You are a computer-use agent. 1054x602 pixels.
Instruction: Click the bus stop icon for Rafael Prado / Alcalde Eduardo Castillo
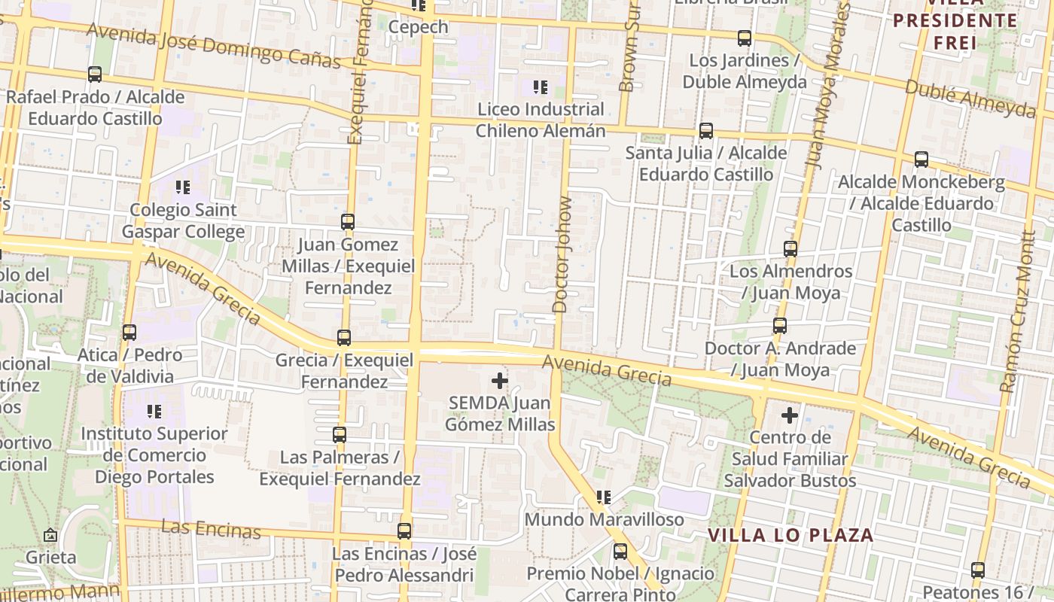pyautogui.click(x=95, y=74)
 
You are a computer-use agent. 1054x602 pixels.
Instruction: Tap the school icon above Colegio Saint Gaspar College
pyautogui.click(x=182, y=187)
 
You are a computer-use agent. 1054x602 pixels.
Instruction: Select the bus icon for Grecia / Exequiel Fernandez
pyautogui.click(x=344, y=337)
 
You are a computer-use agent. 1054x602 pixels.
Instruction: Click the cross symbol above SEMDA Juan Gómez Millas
pyautogui.click(x=499, y=381)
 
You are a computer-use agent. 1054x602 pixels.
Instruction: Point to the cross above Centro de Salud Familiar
pyautogui.click(x=789, y=415)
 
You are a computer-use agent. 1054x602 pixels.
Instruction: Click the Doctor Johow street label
pyautogui.click(x=562, y=254)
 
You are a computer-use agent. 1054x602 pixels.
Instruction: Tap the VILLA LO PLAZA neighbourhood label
pyautogui.click(x=790, y=536)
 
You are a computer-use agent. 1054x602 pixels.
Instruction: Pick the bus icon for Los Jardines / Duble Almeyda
pyautogui.click(x=745, y=38)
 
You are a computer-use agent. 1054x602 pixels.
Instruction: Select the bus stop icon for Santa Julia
pyautogui.click(x=706, y=131)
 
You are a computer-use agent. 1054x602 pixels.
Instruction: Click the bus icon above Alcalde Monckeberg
pyautogui.click(x=921, y=160)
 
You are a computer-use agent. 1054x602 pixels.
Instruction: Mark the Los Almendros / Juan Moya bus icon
pyautogui.click(x=790, y=248)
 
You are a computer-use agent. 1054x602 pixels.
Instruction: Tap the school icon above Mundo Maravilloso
pyautogui.click(x=603, y=497)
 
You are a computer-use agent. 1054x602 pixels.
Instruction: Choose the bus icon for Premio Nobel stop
pyautogui.click(x=620, y=552)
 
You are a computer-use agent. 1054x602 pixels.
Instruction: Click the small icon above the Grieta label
pyautogui.click(x=50, y=535)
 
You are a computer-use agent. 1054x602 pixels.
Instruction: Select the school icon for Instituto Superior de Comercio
pyautogui.click(x=154, y=412)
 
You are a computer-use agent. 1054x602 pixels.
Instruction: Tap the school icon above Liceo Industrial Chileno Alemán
pyautogui.click(x=540, y=87)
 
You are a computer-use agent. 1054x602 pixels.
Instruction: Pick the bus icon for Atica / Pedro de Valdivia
pyautogui.click(x=129, y=332)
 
